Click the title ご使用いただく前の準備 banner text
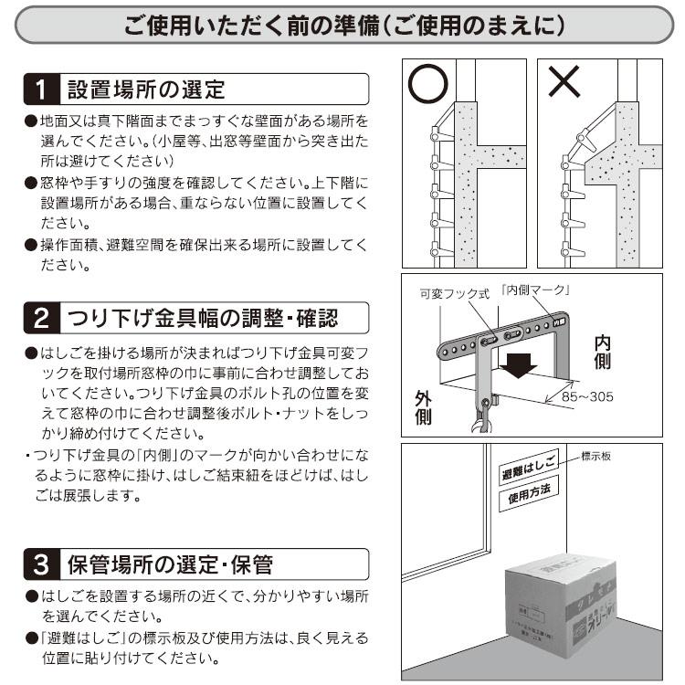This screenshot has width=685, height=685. [342, 26]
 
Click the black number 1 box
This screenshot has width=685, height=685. [40, 90]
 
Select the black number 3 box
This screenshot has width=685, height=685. [40, 564]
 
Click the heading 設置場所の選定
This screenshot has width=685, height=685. [146, 90]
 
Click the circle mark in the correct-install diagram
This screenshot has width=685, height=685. [427, 85]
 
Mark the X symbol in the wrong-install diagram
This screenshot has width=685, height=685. [564, 84]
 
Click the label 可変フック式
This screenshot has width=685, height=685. [454, 293]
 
